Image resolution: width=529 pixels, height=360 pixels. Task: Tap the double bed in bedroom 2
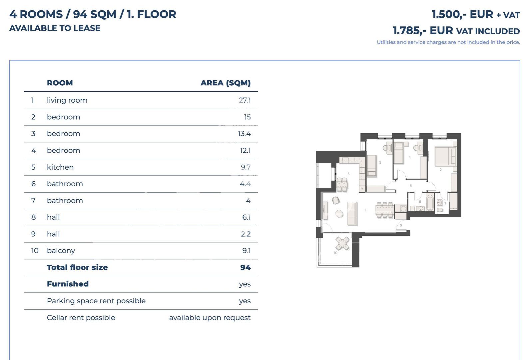[445, 156]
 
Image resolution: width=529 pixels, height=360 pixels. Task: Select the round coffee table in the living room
[339, 214]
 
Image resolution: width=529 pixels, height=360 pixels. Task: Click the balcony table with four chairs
[342, 243]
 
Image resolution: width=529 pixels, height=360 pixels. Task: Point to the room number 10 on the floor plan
[335, 253]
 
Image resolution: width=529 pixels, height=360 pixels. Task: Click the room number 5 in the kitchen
[348, 174]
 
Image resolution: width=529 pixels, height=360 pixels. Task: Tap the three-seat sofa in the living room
[352, 213]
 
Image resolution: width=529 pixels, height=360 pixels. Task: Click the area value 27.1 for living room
[245, 100]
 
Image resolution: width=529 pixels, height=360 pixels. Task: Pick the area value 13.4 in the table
[244, 134]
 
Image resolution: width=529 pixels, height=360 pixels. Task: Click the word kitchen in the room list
[60, 167]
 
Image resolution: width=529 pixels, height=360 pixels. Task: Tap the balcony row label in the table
[61, 251]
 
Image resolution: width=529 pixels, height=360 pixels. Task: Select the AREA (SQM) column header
[226, 83]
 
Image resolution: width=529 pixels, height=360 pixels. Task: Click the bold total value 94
[246, 267]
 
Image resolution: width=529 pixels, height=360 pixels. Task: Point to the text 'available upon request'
[210, 318]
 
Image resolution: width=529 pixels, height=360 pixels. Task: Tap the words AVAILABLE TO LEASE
[55, 28]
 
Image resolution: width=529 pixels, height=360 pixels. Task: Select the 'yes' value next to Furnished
[245, 284]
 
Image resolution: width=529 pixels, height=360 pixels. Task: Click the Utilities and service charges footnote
[448, 42]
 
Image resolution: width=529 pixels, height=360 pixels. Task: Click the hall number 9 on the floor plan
[401, 225]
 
